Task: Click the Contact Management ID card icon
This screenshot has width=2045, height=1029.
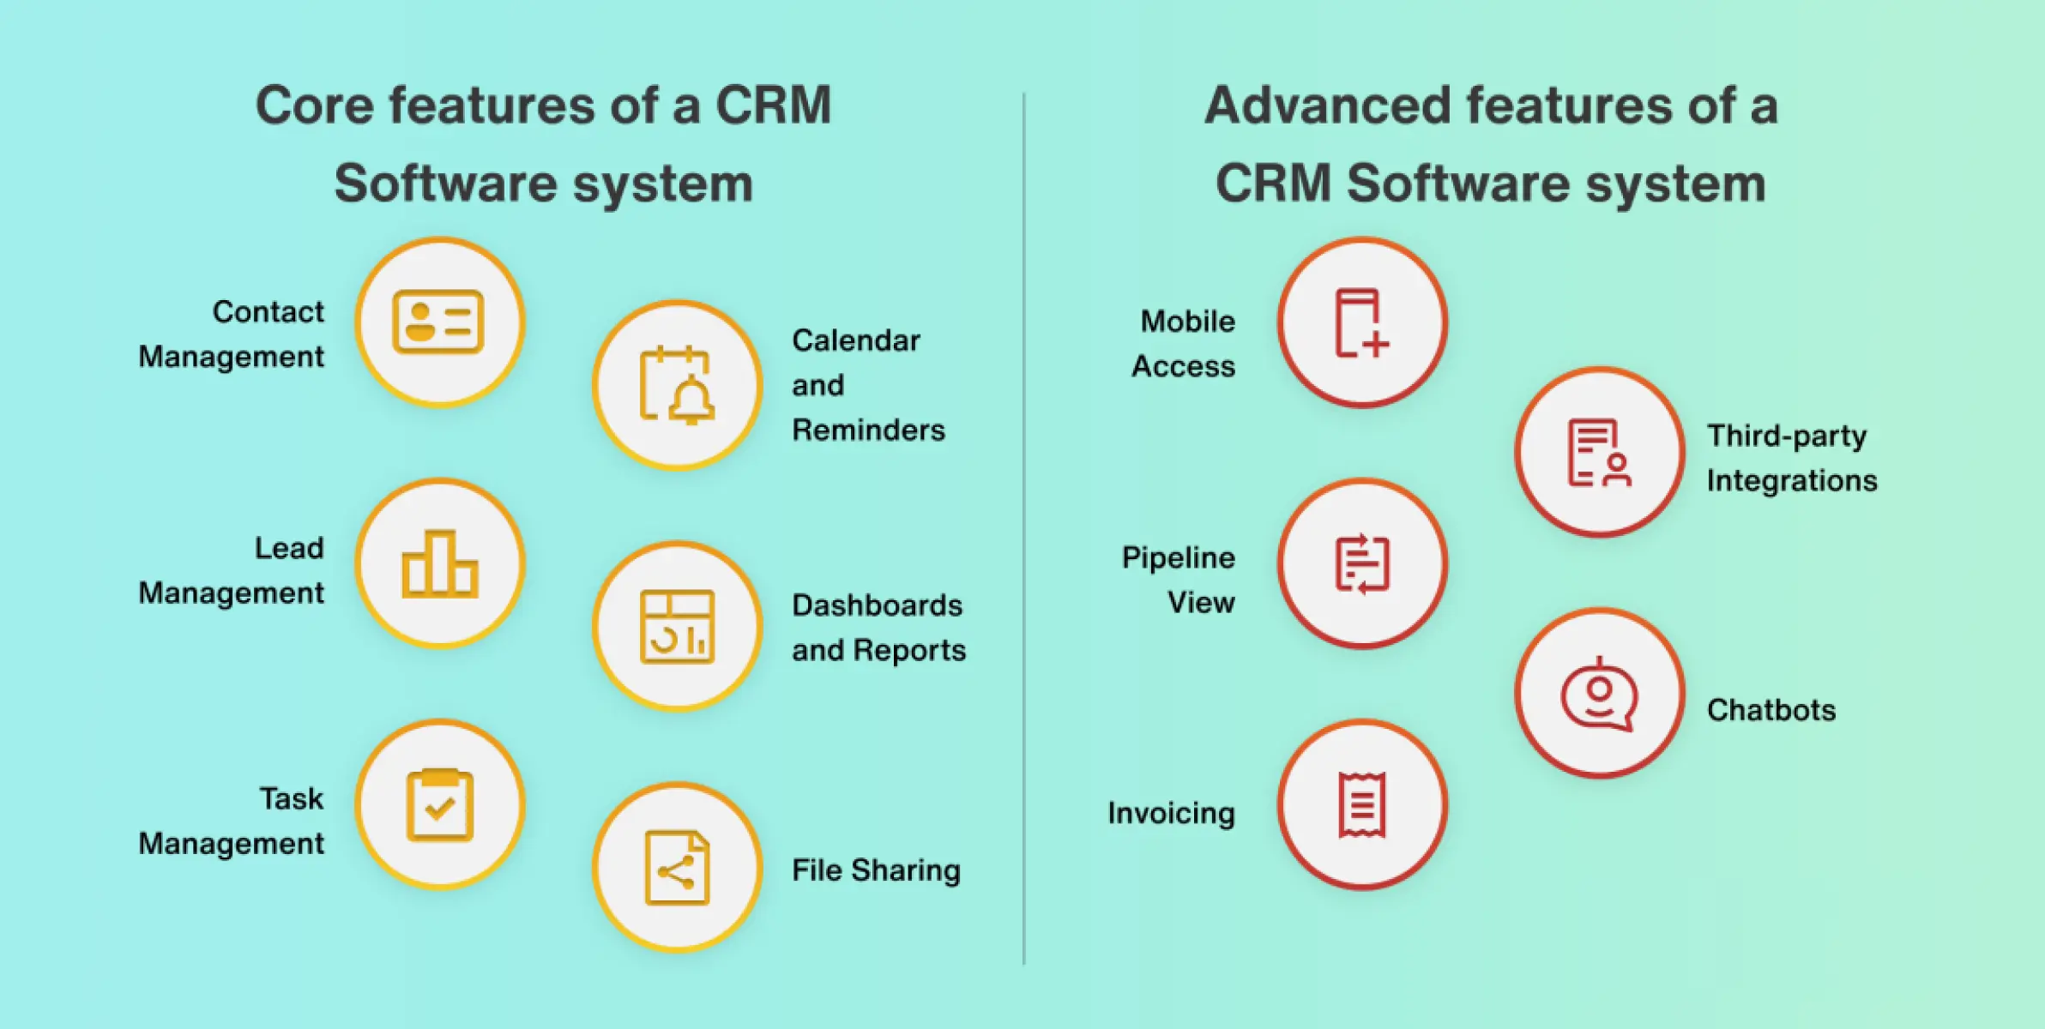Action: [x=438, y=322]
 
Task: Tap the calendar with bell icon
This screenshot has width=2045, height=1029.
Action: [x=677, y=385]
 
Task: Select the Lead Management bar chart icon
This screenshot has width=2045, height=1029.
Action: [x=439, y=563]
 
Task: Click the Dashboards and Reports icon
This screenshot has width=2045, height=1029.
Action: [x=677, y=627]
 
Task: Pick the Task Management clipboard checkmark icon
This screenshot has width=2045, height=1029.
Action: [x=439, y=805]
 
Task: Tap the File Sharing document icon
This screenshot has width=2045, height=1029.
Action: [x=677, y=868]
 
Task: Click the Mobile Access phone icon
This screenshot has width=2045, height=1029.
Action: [x=1361, y=322]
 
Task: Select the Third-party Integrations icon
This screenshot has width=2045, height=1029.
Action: [x=1599, y=453]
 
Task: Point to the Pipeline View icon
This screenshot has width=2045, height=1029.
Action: [x=1361, y=563]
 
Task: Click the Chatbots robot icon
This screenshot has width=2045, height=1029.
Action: [x=1599, y=694]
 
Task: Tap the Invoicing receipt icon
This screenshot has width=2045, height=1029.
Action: [x=1361, y=805]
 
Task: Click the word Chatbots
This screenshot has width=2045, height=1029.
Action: [x=1771, y=710]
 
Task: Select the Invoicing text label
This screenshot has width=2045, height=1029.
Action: [x=1171, y=813]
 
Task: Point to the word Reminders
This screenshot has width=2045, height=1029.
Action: [x=868, y=430]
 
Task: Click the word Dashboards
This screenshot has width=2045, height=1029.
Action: [x=877, y=605]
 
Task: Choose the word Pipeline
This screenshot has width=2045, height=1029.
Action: [x=1178, y=558]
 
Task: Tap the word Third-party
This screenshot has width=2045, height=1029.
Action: [x=1786, y=436]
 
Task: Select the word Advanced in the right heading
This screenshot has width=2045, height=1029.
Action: [x=1326, y=105]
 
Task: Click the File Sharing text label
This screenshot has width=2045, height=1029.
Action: [x=876, y=870]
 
